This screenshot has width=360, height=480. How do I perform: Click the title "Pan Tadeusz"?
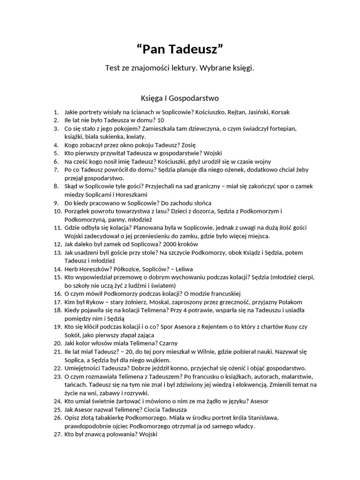(180, 48)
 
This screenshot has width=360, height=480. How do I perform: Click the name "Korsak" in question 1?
(280, 112)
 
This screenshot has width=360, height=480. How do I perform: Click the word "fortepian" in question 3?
(283, 128)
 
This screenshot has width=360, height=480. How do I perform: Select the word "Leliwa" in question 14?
(184, 269)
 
